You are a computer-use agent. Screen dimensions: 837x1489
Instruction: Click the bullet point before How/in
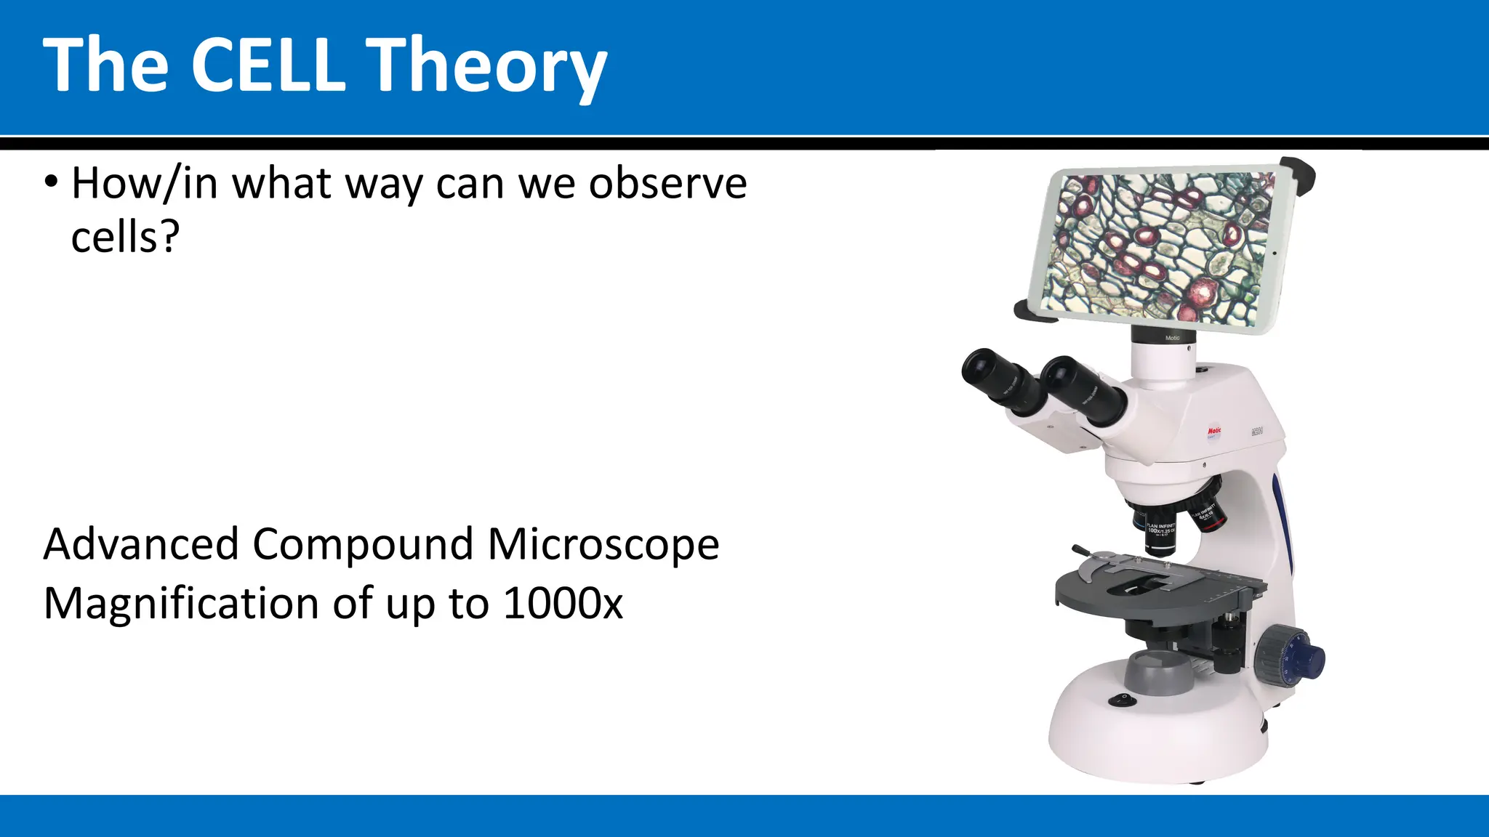[49, 182]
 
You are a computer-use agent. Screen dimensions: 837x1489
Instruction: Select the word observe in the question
[667, 183]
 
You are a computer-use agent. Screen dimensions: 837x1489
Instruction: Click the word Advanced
[141, 544]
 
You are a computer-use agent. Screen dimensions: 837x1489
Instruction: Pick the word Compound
[363, 546]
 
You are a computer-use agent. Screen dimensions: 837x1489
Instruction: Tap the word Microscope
[603, 546]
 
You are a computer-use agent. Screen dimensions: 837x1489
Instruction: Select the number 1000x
[563, 604]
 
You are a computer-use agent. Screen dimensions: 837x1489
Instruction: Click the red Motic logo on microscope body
[1213, 432]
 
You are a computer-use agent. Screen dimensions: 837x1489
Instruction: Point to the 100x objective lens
[1160, 534]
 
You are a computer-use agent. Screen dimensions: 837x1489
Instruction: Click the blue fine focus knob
[1312, 659]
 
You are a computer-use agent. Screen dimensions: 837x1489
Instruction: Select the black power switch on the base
[1121, 700]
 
